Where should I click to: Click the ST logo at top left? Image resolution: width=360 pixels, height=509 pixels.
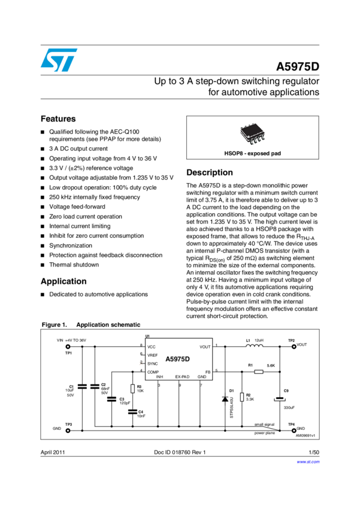(x=59, y=60)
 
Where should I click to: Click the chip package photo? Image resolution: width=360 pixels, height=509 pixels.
(x=252, y=134)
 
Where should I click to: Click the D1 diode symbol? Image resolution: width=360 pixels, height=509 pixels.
(x=225, y=398)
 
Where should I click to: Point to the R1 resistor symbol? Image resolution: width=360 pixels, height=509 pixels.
(x=259, y=372)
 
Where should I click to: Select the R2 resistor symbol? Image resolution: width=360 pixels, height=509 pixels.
(x=241, y=396)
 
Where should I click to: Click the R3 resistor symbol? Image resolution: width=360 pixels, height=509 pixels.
(x=132, y=388)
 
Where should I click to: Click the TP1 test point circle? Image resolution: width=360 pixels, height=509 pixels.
(x=59, y=346)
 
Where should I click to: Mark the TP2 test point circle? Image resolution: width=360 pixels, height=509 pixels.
(x=293, y=346)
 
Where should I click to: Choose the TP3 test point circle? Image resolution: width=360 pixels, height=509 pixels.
(x=59, y=429)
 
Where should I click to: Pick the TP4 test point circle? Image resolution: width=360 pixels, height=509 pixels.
(x=293, y=429)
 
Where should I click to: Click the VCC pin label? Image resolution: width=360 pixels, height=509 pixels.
(x=152, y=347)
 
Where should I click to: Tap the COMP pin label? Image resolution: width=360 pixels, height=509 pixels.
(x=153, y=372)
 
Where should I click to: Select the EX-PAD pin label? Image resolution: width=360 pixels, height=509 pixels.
(x=182, y=377)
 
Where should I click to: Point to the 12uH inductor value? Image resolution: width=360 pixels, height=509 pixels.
(x=259, y=341)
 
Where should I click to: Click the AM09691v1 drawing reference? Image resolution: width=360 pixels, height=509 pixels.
(x=306, y=436)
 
